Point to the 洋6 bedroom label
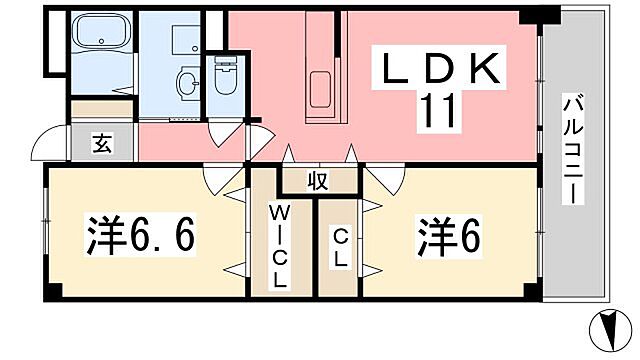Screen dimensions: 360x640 pos(448,236)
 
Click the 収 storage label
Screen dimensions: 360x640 pos(318,181)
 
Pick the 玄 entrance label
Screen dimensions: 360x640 pos(102,142)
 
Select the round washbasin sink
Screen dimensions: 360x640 pos(186,82)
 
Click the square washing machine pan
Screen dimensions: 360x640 pos(184,38)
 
